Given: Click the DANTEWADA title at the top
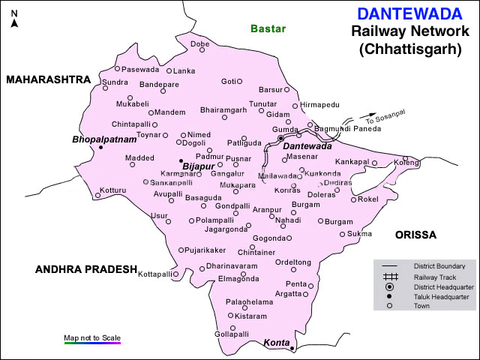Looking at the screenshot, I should tap(405, 14).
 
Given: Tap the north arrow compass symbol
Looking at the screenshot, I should tap(14, 22).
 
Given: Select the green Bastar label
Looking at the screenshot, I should tap(268, 28).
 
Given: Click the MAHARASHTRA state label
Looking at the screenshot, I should tap(48, 79).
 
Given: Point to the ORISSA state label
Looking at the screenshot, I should tap(415, 235).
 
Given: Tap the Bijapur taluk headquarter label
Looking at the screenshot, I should tap(199, 166).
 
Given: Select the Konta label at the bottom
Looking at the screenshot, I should tap(276, 343).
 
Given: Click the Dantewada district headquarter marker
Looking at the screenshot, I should tap(280, 139).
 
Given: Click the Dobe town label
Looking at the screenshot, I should tap(199, 44).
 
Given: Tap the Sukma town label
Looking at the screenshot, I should tap(360, 234).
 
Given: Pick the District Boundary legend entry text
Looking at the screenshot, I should tap(439, 266).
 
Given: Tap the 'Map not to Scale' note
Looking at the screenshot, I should tap(92, 337).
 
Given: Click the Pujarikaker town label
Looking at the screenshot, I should tap(206, 250).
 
